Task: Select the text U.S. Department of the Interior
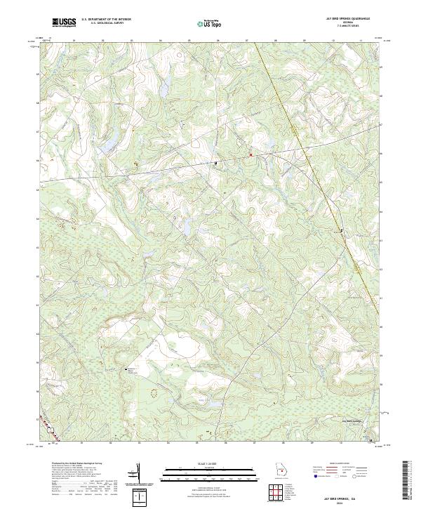click(x=106, y=20)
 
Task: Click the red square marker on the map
click(x=250, y=154)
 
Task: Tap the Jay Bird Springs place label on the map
click(x=352, y=421)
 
